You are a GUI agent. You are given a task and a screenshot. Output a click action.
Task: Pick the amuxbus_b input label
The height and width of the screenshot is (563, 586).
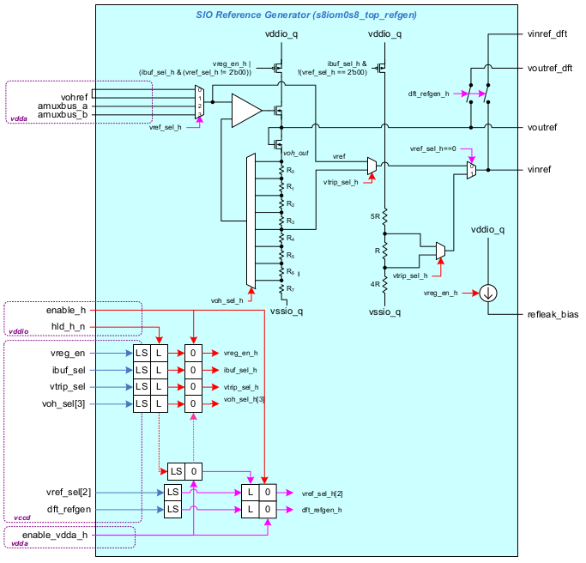coord(62,114)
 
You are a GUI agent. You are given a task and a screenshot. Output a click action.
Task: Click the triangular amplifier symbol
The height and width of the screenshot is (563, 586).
coord(245,111)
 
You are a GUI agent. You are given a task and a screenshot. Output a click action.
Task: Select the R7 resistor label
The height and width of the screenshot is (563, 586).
coord(291,289)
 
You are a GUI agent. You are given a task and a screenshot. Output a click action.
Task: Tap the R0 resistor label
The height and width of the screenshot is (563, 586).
coord(291,171)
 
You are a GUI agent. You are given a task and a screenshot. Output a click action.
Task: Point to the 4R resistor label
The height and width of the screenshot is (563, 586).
coord(375,283)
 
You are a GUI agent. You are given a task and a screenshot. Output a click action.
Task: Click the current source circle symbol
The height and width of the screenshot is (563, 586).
coord(488,294)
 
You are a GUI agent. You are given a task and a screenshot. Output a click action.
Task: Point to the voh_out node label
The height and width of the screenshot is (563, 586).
coord(297,152)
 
